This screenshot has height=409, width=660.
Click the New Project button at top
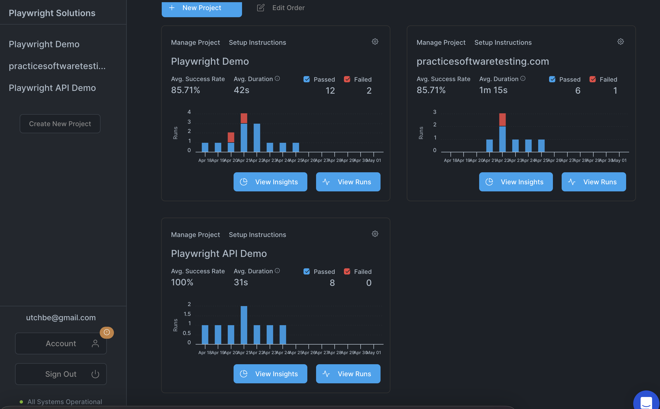(202, 8)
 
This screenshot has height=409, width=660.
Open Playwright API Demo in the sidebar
(52, 88)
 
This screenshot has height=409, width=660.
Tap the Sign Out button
(61, 374)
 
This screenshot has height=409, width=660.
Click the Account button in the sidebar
(61, 343)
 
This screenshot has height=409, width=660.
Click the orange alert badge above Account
(107, 332)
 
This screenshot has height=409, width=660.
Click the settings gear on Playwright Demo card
(375, 42)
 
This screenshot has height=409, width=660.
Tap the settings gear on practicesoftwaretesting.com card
(620, 42)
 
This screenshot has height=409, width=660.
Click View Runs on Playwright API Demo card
(348, 374)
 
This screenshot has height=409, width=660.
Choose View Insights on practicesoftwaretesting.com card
(516, 182)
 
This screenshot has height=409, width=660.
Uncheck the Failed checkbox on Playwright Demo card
(347, 79)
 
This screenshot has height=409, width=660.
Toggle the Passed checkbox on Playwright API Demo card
(307, 271)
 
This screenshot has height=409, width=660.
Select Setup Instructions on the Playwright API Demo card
(257, 235)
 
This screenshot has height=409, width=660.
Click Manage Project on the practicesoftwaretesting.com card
(441, 43)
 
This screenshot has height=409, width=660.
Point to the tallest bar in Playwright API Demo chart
(244, 325)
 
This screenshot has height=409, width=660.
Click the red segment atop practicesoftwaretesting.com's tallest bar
(502, 120)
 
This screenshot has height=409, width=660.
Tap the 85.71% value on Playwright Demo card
(185, 90)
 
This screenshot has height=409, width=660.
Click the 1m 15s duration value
(493, 90)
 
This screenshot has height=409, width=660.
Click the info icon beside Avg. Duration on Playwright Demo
(277, 79)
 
